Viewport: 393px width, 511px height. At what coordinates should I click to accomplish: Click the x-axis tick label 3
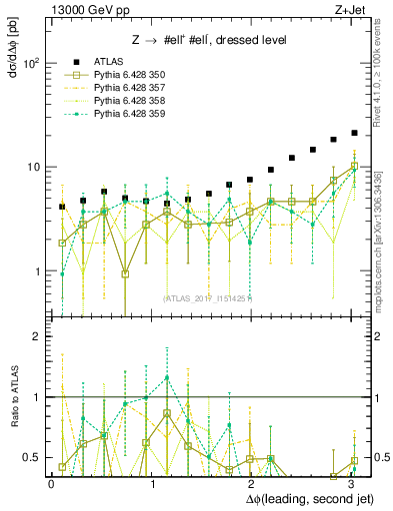tap(351, 484)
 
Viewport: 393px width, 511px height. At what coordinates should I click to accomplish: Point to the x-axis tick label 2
tap(251, 484)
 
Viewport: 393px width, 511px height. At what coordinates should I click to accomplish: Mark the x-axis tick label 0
tap(52, 484)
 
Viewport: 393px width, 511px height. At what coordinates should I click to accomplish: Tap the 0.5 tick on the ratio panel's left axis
tap(30, 457)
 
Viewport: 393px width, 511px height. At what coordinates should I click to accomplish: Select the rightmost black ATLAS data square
tap(354, 133)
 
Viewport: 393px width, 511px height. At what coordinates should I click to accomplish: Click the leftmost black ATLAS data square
tap(62, 207)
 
